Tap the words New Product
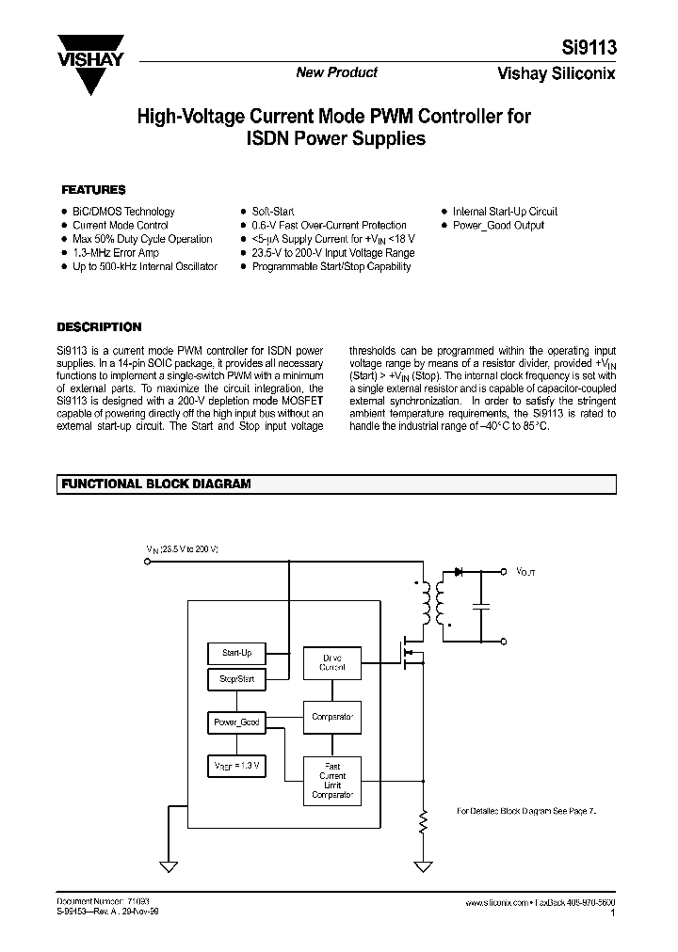point(336,72)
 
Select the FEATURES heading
point(93,189)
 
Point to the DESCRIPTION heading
point(99,327)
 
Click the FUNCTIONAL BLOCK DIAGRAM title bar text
point(156,484)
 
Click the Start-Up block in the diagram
point(235,652)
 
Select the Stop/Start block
point(235,678)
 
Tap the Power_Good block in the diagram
point(235,722)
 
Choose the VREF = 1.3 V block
point(235,767)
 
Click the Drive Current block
point(332,662)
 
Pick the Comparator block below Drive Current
point(332,717)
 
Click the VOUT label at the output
point(525,571)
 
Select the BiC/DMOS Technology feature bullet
point(123,212)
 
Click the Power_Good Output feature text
point(498,226)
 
